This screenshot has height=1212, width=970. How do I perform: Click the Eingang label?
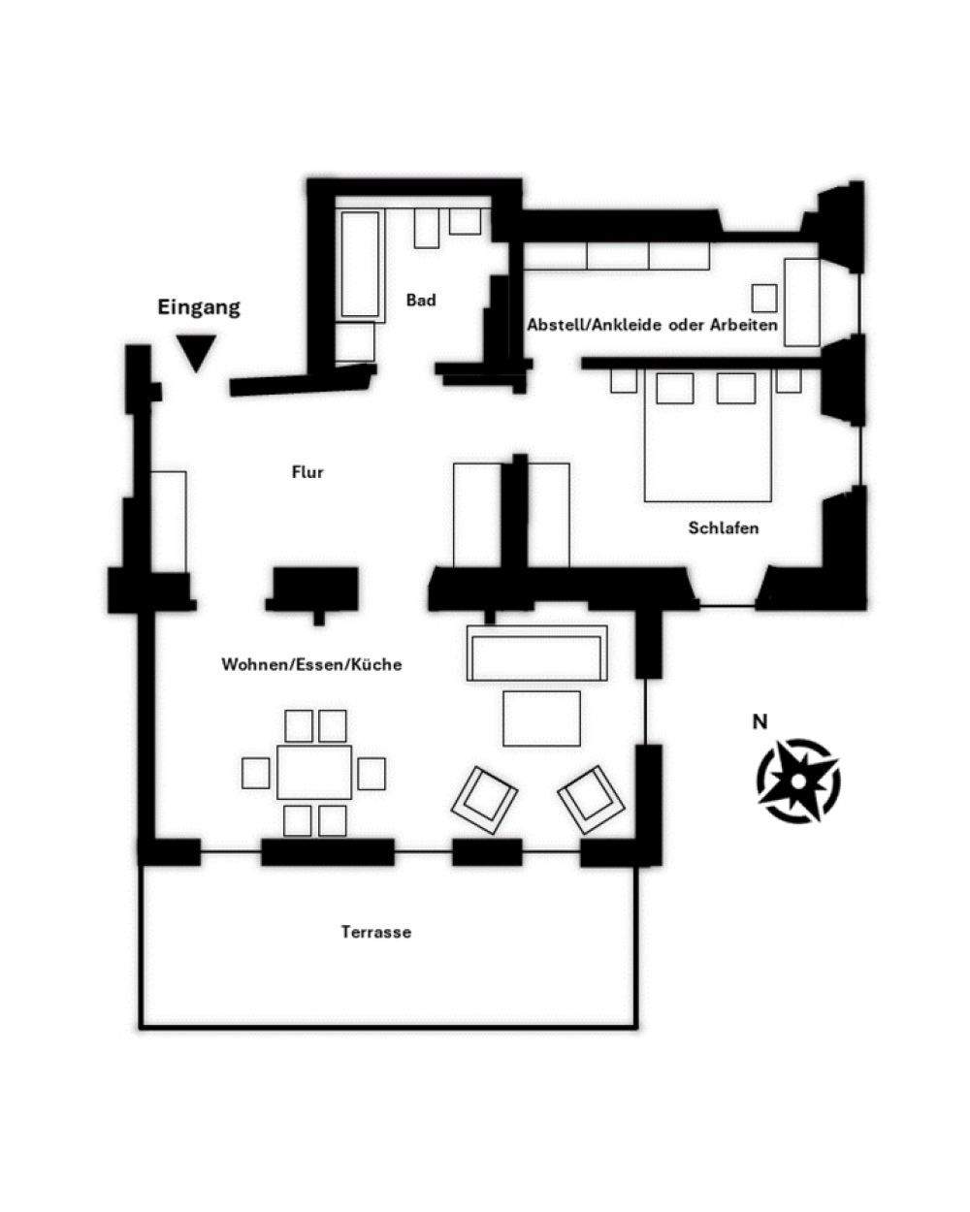199,308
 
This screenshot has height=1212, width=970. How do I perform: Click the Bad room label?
421,301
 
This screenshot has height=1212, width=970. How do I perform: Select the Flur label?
307,472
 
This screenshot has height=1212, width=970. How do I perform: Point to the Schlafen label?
724,528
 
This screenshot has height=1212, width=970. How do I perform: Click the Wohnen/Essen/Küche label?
311,665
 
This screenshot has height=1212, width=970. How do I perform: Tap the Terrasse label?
376,932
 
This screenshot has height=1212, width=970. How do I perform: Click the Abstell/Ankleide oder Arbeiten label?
652,325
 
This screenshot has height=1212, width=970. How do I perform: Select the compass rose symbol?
797,780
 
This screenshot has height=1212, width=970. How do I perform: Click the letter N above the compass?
760,720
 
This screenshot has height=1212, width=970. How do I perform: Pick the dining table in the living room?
314,772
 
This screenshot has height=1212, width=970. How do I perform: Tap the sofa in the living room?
537,654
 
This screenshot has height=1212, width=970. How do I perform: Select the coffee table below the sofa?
541,718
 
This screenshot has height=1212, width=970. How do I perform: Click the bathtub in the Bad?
359,264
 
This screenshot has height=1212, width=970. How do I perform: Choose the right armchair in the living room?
590,799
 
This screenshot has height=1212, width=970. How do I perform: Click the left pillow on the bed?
675,388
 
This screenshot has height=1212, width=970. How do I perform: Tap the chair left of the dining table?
256,773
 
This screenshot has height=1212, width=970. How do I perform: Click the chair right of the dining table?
372,773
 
